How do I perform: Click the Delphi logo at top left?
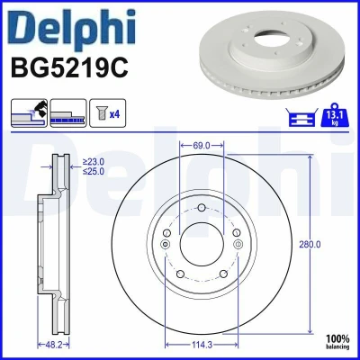tap(73, 30)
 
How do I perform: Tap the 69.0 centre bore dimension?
tap(202, 146)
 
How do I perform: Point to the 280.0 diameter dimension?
tap(310, 245)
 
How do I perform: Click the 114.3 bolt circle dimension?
tap(202, 345)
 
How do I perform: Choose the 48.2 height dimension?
tap(53, 345)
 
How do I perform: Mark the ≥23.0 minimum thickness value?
tap(94, 162)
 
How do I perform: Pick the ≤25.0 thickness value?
tap(94, 171)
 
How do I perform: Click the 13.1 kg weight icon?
tap(335, 115)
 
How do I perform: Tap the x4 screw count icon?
tap(108, 113)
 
